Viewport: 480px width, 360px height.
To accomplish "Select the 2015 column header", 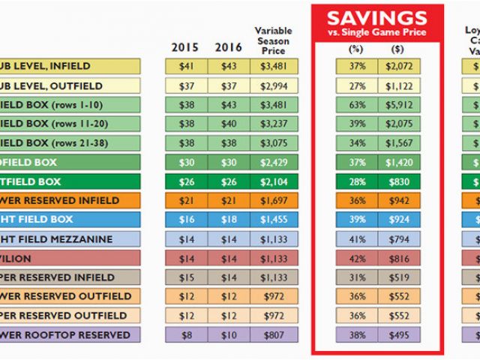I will pos(184,47).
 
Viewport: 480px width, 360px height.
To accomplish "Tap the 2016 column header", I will pos(228,47).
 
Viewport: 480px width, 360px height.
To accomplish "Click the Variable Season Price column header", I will pos(273,41).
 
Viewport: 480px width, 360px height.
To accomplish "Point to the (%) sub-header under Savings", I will pos(355,49).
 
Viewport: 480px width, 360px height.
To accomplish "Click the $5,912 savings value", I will pos(399,105).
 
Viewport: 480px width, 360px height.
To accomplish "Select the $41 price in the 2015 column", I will pos(186,67).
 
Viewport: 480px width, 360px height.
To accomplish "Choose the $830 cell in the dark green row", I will pos(399,181).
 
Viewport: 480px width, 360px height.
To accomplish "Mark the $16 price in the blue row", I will pos(186,220).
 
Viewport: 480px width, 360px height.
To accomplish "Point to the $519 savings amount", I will pos(399,277).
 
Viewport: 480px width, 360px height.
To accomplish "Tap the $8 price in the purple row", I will pos(186,334).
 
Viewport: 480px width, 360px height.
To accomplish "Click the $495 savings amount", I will pos(399,334).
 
